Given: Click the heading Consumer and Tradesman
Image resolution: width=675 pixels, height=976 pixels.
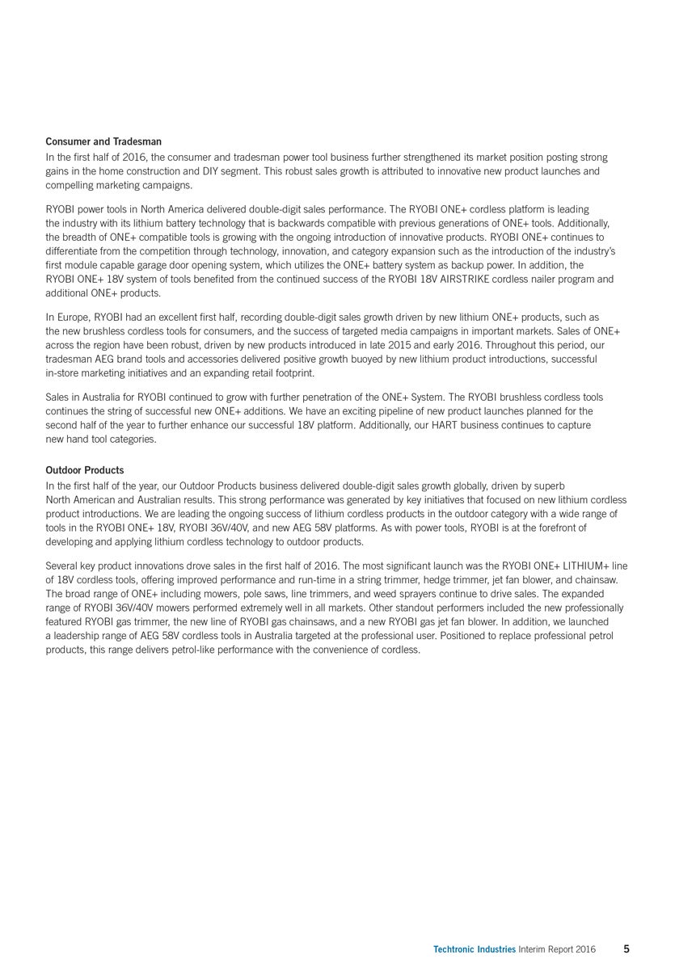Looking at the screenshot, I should pyautogui.click(x=92, y=142).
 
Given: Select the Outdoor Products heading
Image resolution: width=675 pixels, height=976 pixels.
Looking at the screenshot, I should pyautogui.click(x=85, y=470).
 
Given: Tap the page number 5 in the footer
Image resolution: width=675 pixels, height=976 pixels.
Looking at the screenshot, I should pyautogui.click(x=626, y=949).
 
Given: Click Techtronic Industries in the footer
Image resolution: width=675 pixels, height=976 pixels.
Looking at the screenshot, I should pyautogui.click(x=475, y=949).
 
